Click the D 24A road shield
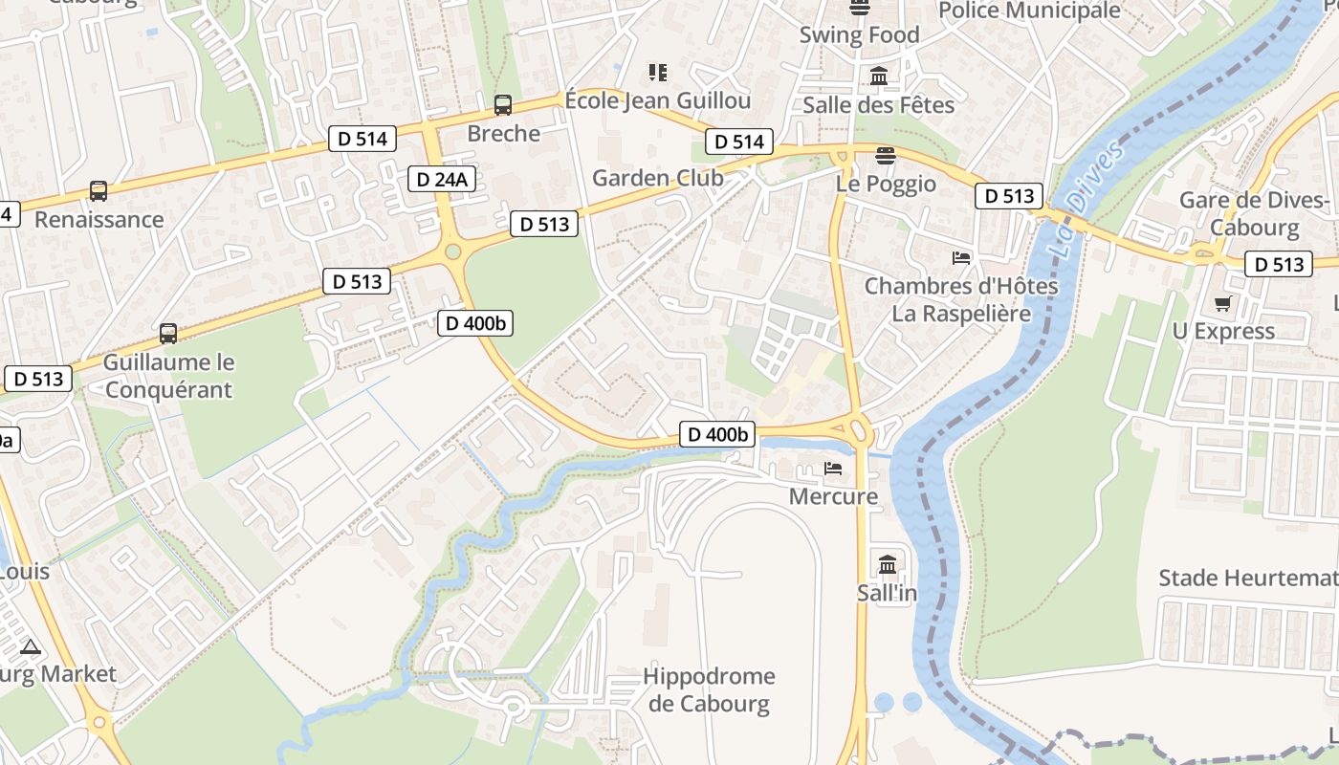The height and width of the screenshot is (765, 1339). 443,178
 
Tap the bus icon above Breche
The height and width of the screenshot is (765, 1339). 503,105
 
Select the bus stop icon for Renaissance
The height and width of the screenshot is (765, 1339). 99,190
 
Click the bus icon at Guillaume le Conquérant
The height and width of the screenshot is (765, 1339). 168,334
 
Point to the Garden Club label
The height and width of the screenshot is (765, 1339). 658,178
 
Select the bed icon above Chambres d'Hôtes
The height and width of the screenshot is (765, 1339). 961,258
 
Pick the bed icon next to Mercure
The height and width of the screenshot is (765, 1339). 833,469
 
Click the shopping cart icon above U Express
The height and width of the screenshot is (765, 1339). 1222,304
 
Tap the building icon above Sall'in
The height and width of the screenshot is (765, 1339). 887,564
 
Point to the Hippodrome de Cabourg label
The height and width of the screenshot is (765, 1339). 708,689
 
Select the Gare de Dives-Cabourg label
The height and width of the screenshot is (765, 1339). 1254,214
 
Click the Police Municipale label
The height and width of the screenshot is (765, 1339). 1029,11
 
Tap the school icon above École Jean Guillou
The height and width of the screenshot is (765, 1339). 657,72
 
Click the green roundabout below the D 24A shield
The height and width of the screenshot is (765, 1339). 453,252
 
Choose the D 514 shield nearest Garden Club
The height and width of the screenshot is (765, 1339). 739,142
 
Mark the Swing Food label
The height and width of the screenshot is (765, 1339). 859,35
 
